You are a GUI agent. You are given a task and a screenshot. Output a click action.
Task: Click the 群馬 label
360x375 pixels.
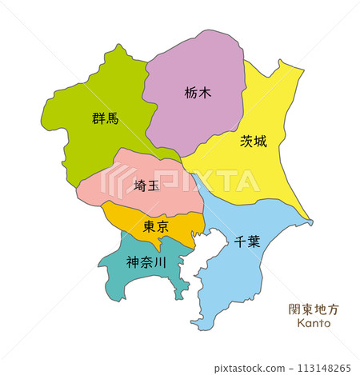coord(105,119)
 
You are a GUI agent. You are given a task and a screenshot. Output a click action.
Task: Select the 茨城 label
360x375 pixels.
coord(254,142)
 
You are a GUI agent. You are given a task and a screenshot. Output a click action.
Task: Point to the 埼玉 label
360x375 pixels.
coord(146,186)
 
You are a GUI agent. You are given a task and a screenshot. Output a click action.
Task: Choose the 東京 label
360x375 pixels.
coord(155,227)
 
